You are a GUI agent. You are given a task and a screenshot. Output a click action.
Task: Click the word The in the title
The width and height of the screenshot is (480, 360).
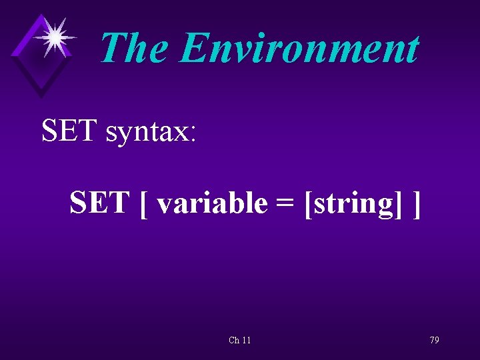click(135, 49)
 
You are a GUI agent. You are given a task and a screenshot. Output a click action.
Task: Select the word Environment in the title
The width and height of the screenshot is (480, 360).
click(299, 49)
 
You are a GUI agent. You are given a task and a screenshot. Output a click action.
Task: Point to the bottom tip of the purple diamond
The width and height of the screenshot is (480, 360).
click(41, 97)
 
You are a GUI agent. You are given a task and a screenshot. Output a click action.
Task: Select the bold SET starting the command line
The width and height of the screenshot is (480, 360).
click(99, 203)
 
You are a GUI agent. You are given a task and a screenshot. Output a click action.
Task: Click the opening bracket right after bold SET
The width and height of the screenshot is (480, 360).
click(144, 204)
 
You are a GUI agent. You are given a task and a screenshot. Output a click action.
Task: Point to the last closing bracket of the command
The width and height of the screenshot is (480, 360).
click(417, 204)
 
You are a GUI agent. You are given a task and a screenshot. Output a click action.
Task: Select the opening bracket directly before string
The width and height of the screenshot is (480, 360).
click(307, 204)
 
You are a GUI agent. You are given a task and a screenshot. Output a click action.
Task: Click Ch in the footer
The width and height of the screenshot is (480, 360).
click(234, 341)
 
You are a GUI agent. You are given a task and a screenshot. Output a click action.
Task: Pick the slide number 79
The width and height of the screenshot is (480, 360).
click(434, 340)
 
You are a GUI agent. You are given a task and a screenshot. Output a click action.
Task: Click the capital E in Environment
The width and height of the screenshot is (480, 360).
click(194, 49)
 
